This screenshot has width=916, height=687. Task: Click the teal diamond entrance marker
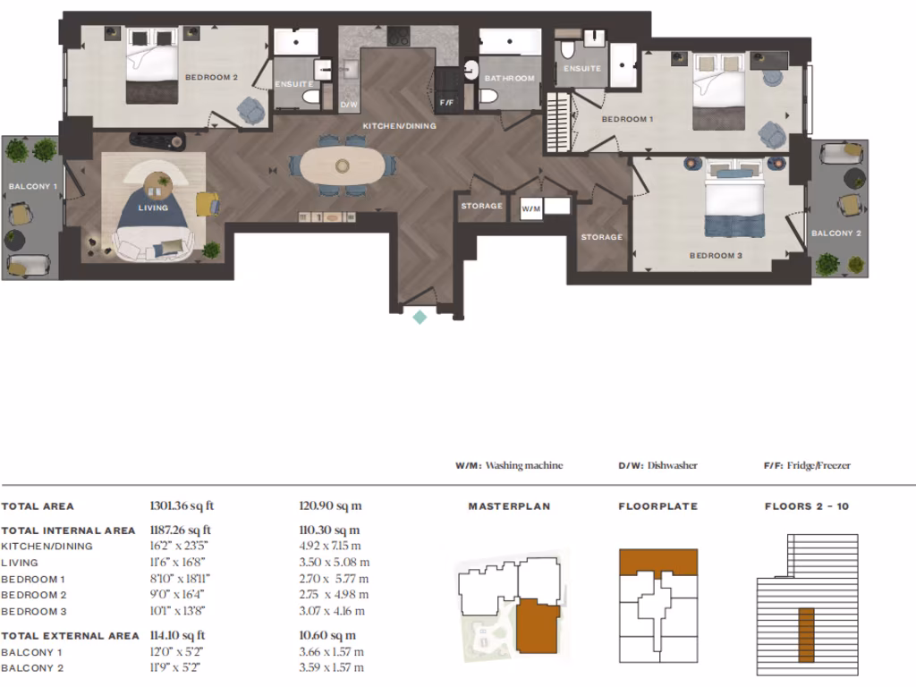420,318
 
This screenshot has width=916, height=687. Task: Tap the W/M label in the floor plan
531,209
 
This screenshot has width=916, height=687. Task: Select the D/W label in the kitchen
349,106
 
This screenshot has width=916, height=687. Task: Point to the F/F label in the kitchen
446,103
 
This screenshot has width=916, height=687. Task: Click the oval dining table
343,165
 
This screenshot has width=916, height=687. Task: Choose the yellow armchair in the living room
208,205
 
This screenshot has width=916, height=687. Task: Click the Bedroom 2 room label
211,77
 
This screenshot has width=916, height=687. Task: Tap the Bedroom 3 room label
716,256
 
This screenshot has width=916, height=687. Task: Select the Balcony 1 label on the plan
33,186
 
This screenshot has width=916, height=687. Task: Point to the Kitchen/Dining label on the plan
399,126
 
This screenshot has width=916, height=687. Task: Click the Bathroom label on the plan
509,79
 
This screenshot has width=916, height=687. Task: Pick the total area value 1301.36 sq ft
182,506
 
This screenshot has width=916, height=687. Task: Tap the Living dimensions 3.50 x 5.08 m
335,563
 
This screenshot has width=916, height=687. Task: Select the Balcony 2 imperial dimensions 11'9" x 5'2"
176,667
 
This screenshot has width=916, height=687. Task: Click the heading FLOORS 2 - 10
807,506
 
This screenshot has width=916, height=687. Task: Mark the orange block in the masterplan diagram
538,625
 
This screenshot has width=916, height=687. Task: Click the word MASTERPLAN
509,506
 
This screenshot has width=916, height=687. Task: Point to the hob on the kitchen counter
398,36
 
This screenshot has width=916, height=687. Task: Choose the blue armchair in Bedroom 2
250,110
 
